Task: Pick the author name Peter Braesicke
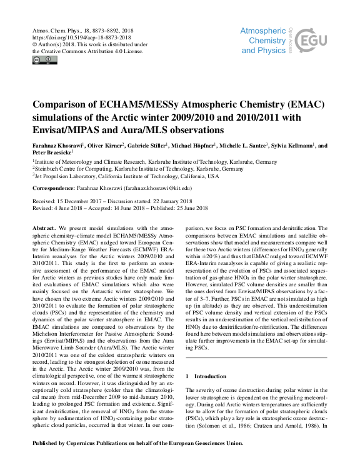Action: (x=51, y=153)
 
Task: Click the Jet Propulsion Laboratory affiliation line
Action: (x=126, y=176)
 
